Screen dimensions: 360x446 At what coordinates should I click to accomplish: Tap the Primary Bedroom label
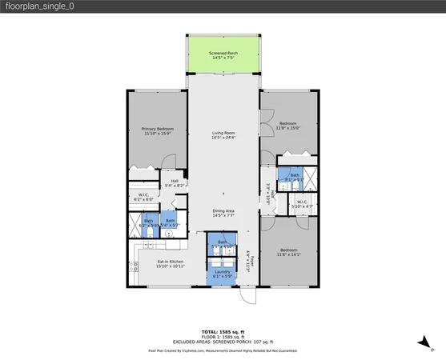click(158, 131)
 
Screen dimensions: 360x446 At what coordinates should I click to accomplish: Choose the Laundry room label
click(222, 274)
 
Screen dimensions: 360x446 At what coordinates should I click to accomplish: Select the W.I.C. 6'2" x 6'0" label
click(144, 198)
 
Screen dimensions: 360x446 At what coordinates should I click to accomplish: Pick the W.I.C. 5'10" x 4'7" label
click(301, 203)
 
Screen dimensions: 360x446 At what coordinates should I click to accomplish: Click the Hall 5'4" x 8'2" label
click(175, 183)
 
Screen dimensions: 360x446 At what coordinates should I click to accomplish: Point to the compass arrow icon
click(420, 342)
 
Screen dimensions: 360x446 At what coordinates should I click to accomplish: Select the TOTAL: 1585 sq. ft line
click(223, 330)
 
